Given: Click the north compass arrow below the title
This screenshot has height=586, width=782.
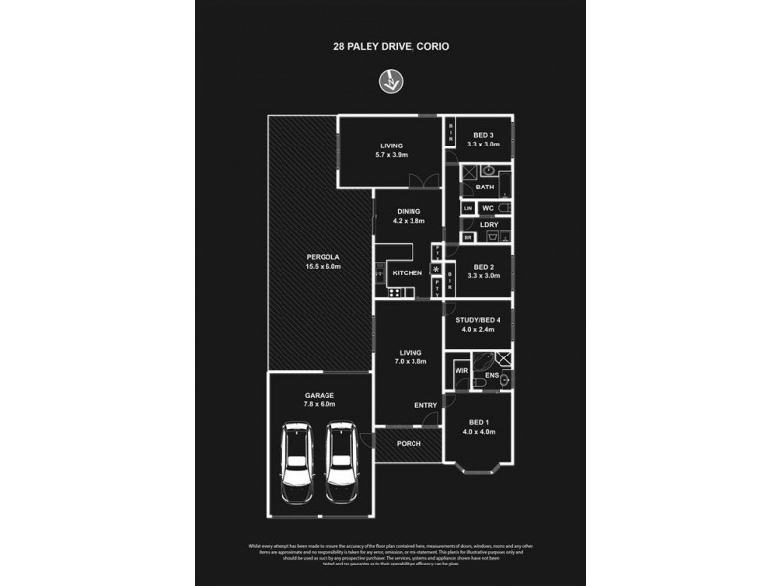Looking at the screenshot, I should point(392,82).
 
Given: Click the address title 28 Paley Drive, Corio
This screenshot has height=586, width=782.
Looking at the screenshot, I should point(391,45).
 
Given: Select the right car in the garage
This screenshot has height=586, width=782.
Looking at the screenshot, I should point(340,461).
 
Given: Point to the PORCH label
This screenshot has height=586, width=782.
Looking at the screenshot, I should point(409,443).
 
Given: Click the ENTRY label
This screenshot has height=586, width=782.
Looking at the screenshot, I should point(425,405).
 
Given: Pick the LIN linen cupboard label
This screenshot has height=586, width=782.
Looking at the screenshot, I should point(468,209).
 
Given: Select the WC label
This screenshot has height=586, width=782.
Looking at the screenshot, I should point(487,209).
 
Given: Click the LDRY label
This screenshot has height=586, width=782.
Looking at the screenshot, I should point(489,225).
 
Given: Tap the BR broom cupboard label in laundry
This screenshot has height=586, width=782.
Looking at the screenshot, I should point(468,238).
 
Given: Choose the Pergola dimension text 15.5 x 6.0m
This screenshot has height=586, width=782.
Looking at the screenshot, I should point(323,266).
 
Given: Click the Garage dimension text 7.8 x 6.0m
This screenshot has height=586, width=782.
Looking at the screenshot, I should point(319,403).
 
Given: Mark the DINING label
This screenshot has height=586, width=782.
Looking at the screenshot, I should point(409,211).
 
